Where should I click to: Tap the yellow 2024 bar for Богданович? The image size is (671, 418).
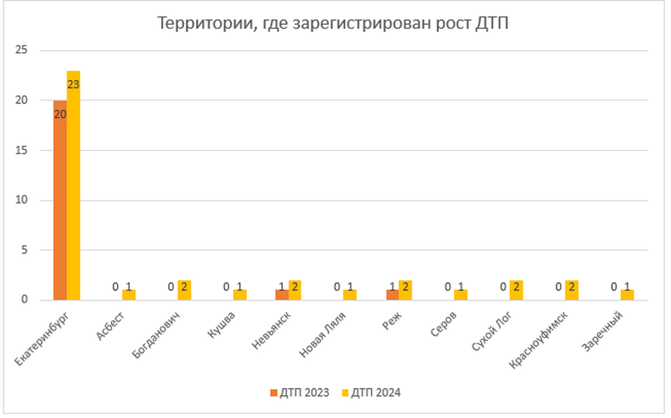184,290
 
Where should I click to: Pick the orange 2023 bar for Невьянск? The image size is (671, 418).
282,295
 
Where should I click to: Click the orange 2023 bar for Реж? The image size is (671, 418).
392,295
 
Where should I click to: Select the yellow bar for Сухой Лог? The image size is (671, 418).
516,290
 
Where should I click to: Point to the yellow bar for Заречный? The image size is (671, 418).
627,295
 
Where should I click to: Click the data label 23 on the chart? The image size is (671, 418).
73,85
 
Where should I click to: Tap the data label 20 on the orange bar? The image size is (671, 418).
60,114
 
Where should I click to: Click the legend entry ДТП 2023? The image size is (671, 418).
299,393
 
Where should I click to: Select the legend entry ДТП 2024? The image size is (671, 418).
371,393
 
